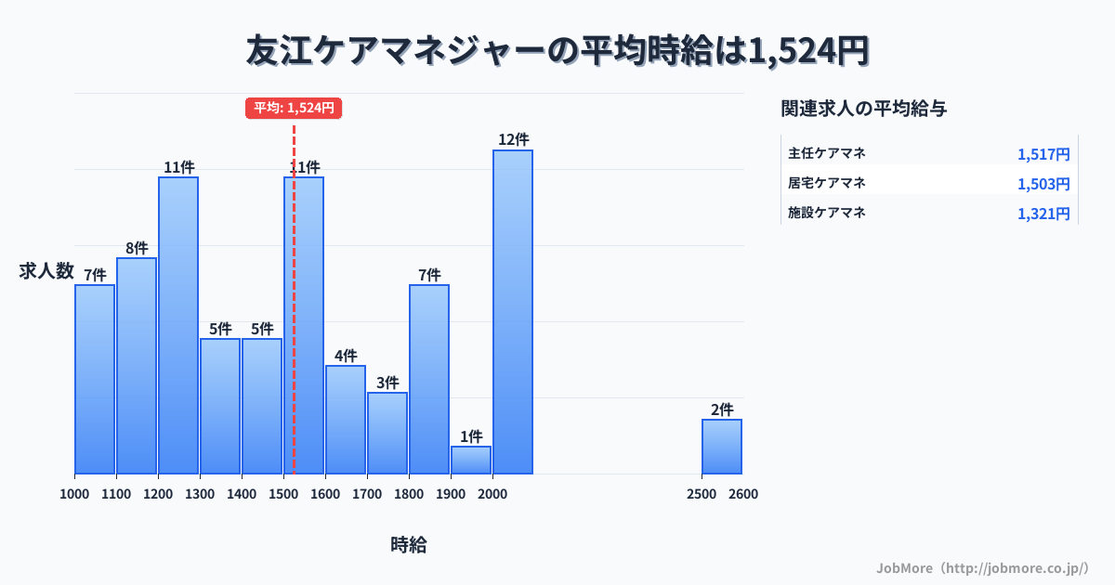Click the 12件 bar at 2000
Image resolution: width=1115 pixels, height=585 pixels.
click(513, 312)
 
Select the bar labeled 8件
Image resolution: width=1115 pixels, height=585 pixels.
click(137, 366)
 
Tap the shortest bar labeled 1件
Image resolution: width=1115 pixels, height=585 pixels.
click(471, 461)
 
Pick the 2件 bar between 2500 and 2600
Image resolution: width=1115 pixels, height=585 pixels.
click(722, 447)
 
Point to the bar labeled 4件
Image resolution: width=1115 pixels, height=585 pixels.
click(346, 420)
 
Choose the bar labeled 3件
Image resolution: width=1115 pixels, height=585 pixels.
click(387, 433)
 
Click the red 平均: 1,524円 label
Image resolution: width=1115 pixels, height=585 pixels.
click(294, 108)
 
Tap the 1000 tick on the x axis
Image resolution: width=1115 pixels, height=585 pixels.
click(74, 494)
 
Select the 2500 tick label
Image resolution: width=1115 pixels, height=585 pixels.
click(702, 494)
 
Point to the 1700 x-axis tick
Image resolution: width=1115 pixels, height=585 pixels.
click(367, 494)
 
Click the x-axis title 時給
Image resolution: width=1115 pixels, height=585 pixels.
click(409, 545)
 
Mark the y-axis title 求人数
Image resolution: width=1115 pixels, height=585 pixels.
click(46, 271)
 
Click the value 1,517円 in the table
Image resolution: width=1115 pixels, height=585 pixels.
click(1043, 154)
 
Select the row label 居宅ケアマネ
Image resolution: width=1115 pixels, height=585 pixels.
click(827, 183)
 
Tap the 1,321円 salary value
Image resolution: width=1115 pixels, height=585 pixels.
click(1043, 214)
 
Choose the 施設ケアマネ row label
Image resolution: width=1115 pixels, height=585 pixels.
click(827, 213)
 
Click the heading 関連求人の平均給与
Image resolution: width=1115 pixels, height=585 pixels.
click(864, 109)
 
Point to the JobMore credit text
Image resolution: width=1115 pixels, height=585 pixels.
click(982, 567)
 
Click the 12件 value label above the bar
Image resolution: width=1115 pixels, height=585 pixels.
click(513, 139)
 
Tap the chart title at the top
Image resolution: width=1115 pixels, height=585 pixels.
click(557, 50)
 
